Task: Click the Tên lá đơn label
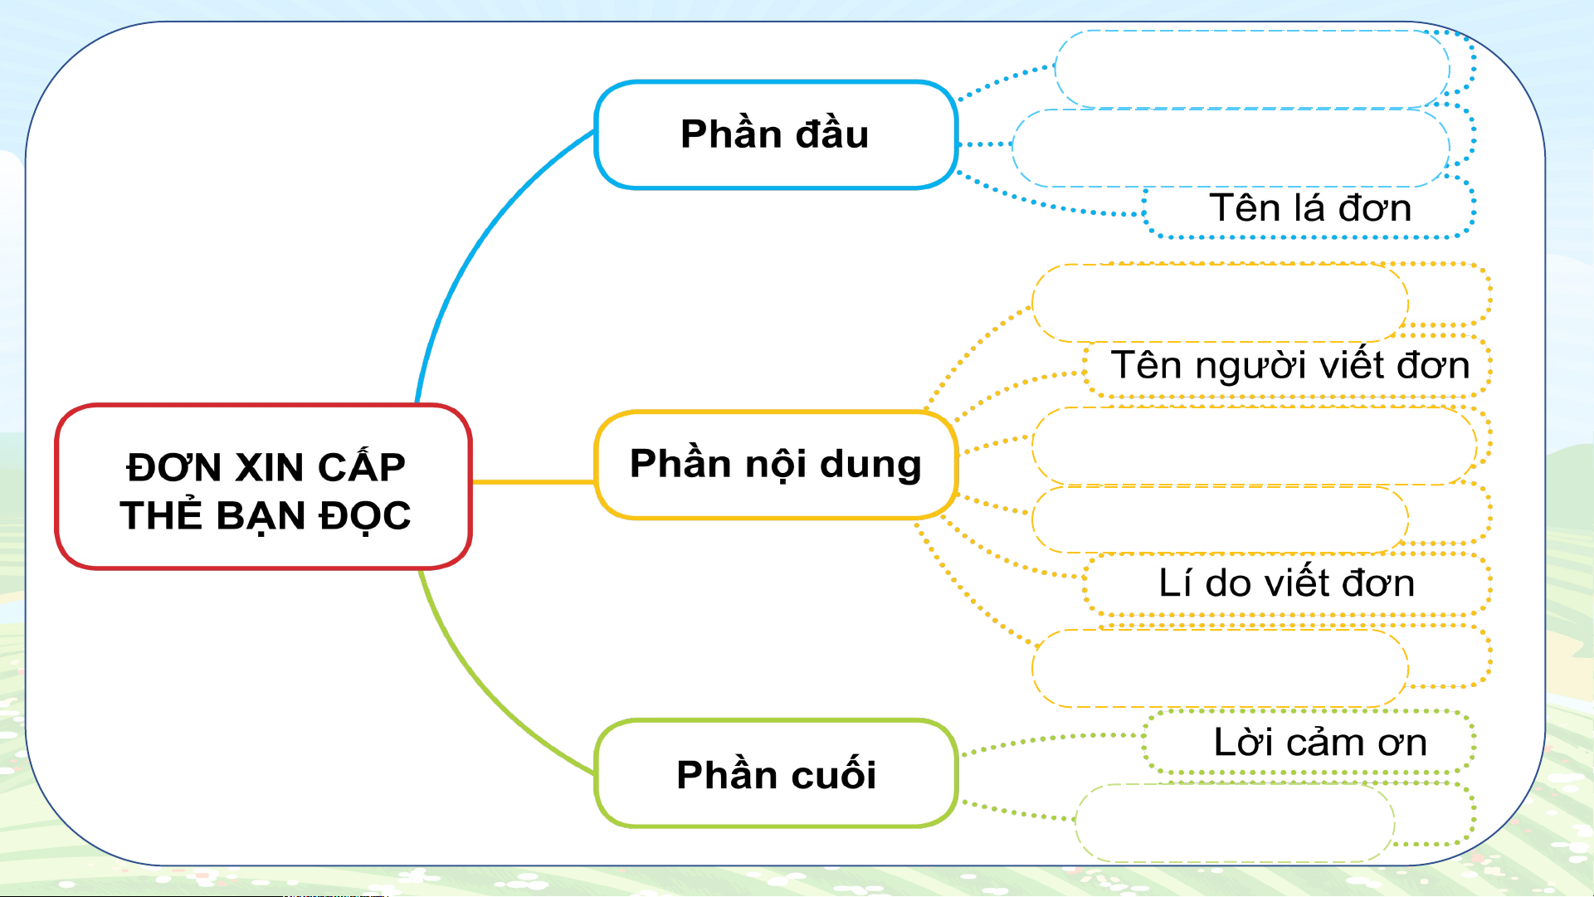[x=1310, y=207]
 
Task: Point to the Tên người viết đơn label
[x=1290, y=365]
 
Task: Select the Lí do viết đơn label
[x=1287, y=583]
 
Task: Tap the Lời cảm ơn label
[x=1320, y=742]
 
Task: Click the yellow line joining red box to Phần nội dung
[x=534, y=481]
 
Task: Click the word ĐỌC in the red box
[x=365, y=516]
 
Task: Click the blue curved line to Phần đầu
[x=480, y=245]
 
